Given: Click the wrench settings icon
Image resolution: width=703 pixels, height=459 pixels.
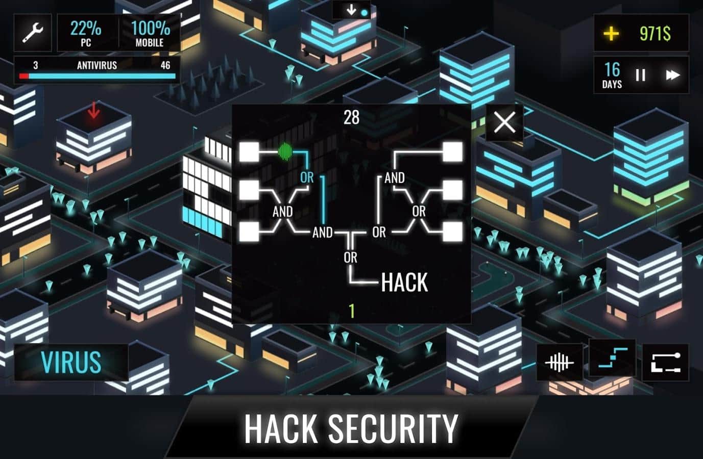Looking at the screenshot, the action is click(33, 33).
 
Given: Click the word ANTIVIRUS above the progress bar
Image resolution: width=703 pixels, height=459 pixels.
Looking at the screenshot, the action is click(97, 65).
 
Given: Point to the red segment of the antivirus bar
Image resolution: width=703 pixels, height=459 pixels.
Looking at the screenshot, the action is click(24, 76).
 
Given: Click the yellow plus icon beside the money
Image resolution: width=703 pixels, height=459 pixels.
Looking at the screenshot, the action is click(611, 33).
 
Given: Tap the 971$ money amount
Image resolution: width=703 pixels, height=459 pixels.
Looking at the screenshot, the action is click(655, 33).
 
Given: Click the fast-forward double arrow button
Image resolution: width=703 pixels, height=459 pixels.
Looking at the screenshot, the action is click(673, 75).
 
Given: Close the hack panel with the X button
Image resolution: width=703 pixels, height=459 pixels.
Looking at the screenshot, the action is click(504, 122).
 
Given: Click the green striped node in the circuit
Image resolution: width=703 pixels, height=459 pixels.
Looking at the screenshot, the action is click(285, 152).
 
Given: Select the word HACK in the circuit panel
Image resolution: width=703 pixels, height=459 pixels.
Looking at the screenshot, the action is click(404, 283).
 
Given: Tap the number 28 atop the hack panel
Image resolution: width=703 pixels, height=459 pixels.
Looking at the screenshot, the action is click(351, 118).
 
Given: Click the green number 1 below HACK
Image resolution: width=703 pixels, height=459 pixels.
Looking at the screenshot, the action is click(352, 311).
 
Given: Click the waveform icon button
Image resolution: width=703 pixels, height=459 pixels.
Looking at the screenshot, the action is click(560, 363).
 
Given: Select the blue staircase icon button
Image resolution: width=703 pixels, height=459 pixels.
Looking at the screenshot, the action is click(613, 358).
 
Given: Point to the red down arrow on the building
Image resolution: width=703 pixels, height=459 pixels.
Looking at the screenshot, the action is click(94, 110).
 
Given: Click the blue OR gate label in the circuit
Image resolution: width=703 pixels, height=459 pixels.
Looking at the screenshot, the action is click(307, 178).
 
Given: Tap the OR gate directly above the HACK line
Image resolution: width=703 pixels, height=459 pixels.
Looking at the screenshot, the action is click(351, 258).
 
